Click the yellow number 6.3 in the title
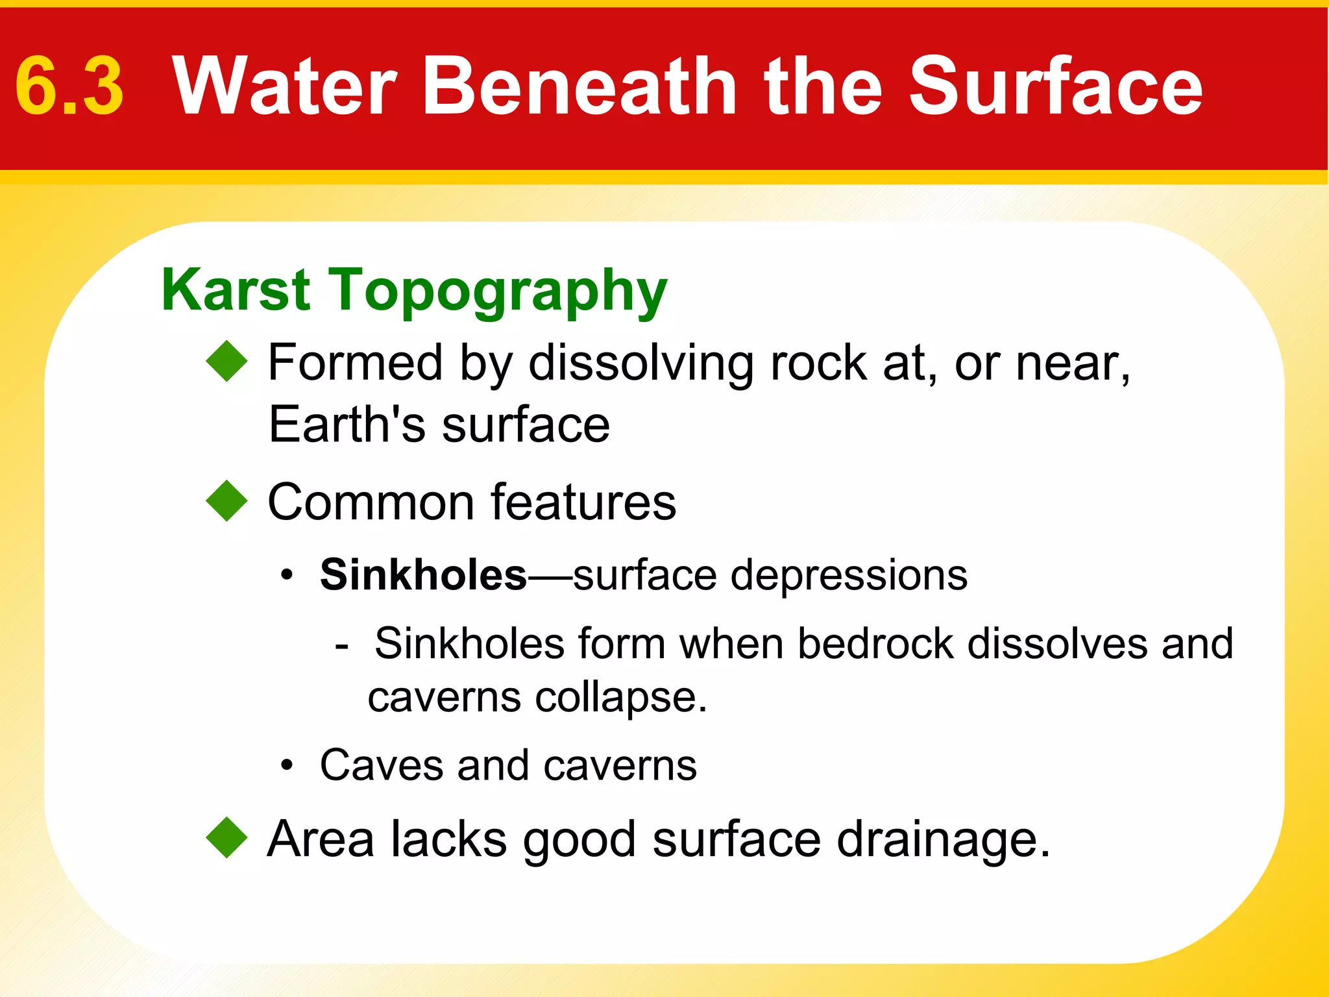point(69,86)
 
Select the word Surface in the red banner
point(1055,86)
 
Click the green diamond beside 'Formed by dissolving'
point(227,361)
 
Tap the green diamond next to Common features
point(227,500)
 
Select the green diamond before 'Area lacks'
point(227,837)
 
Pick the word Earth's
point(347,425)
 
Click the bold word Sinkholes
point(423,575)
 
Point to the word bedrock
point(875,644)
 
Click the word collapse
point(620,698)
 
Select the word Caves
point(381,765)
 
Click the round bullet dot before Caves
point(287,766)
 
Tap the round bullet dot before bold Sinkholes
point(287,576)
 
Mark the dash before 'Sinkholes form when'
point(342,646)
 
